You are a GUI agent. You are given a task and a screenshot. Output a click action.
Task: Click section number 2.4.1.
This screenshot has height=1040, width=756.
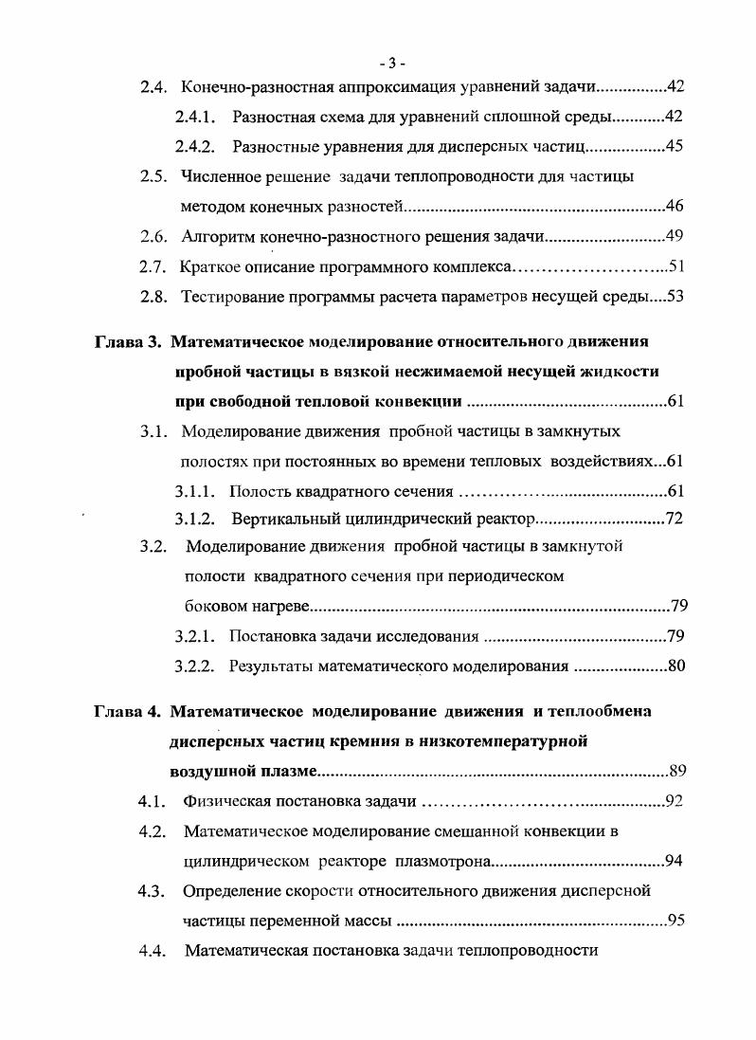[197, 118]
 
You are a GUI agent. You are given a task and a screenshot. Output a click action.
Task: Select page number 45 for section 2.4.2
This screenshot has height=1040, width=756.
[675, 147]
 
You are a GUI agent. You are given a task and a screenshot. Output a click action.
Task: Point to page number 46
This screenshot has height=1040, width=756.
[675, 206]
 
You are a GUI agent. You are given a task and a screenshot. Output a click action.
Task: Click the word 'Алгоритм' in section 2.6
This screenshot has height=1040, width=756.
[215, 236]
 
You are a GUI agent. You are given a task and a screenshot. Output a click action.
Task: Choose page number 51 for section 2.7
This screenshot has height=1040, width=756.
[675, 265]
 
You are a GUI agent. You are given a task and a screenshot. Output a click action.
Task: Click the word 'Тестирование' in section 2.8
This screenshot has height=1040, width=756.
[229, 296]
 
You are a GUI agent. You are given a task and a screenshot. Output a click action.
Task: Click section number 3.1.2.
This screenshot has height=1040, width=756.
[197, 519]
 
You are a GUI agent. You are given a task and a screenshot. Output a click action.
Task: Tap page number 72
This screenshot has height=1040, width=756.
[675, 519]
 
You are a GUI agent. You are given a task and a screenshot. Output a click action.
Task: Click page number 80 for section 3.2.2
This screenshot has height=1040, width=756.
[675, 666]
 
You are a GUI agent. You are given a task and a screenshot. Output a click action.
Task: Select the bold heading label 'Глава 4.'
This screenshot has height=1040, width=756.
[134, 711]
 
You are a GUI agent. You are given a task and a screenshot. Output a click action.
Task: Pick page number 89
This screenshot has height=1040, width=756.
[676, 771]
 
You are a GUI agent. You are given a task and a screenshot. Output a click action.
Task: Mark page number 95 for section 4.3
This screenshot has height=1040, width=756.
[675, 919]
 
